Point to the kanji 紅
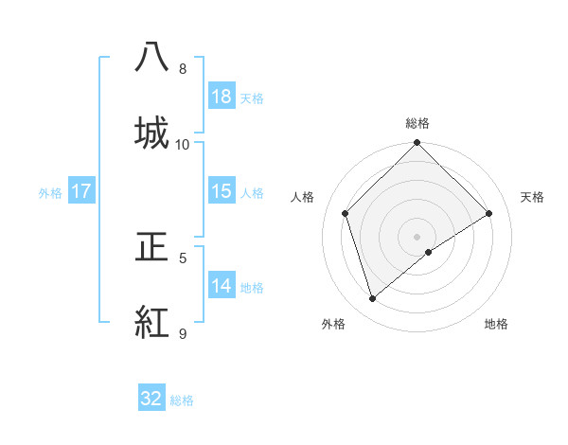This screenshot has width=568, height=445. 151,322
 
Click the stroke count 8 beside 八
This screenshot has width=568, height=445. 183,69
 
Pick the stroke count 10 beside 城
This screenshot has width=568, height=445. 183,145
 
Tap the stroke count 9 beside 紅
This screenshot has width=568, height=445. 183,334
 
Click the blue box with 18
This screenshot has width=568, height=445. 222,98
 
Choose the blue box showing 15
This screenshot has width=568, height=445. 222,191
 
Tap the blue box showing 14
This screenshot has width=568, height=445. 222,286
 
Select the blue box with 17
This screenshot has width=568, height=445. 81,191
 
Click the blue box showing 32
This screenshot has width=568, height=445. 151,399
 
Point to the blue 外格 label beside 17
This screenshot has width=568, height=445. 50,192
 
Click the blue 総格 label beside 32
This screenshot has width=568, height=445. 182,400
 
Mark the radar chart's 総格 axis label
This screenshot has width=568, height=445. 417,123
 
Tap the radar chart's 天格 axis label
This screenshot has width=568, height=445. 532,197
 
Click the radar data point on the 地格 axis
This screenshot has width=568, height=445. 429,252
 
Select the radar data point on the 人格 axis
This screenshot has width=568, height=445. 346,213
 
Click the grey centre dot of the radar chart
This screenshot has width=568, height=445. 417,236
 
